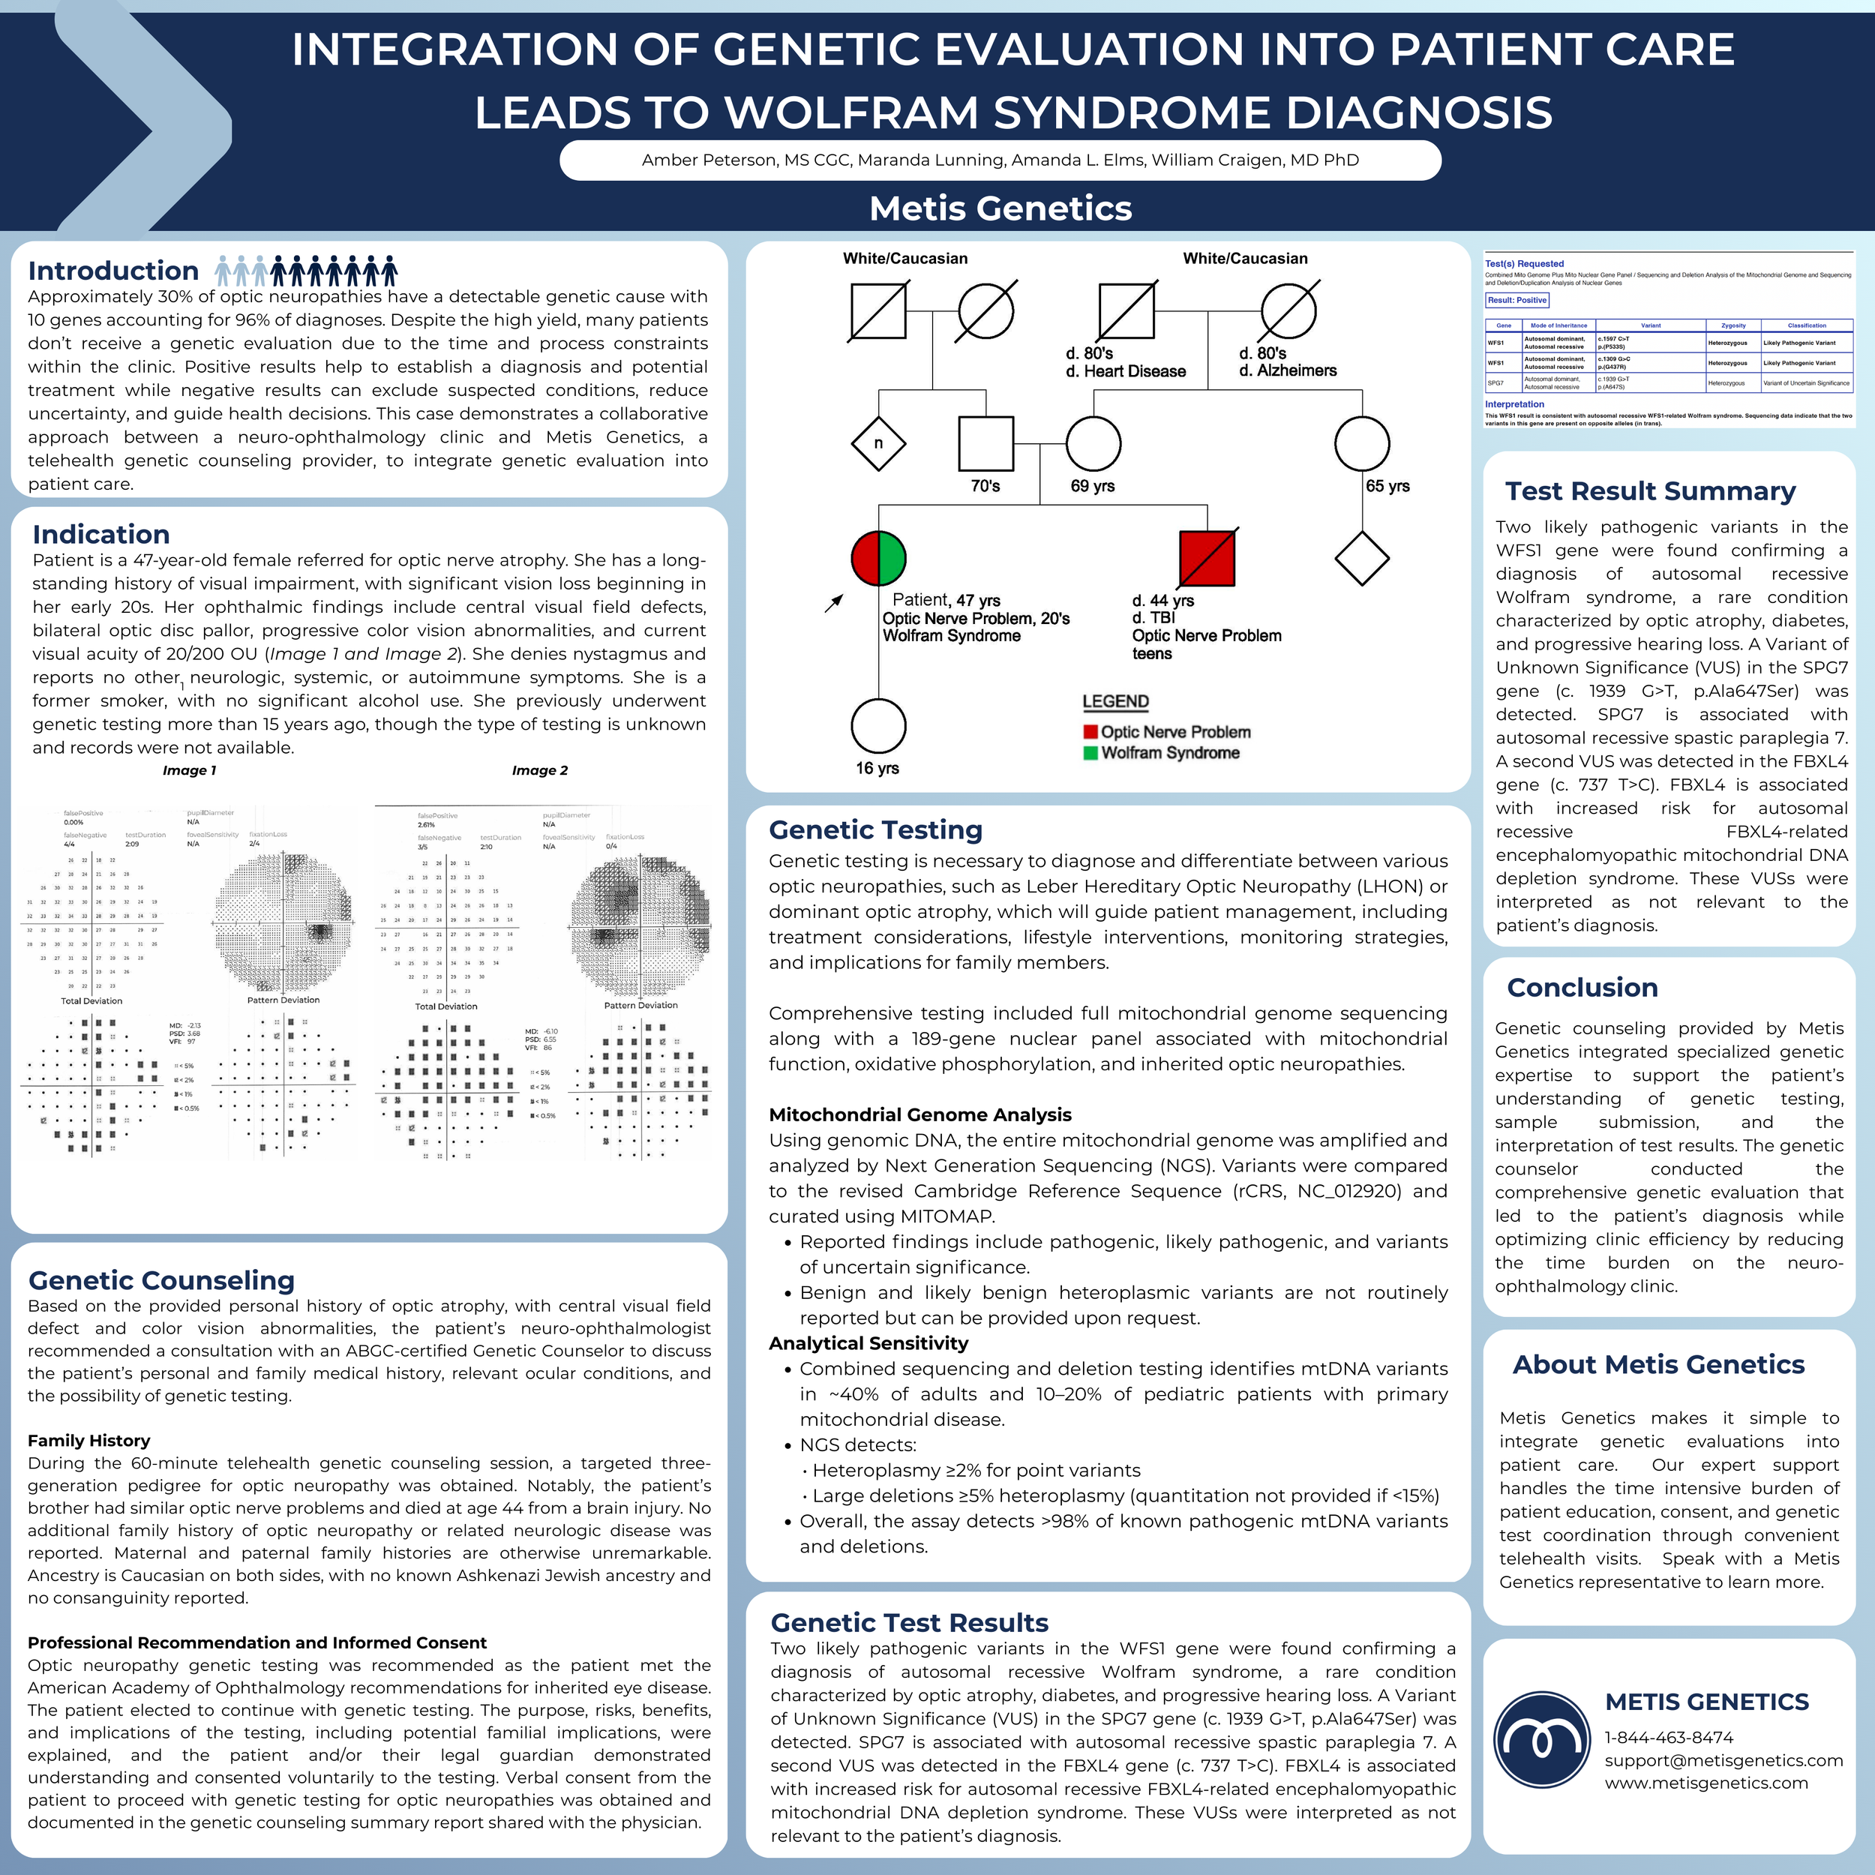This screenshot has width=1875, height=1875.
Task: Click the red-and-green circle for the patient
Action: tap(878, 558)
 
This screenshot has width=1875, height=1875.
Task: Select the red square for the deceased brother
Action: tap(1207, 558)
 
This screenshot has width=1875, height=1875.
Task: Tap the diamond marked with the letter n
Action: tap(878, 443)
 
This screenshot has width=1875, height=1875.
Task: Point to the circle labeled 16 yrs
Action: tap(878, 726)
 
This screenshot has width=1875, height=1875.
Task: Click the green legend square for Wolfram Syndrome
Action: tap(1090, 752)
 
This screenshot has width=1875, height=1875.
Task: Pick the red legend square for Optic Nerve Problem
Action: tap(1090, 732)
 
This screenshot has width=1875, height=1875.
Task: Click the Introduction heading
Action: tap(113, 271)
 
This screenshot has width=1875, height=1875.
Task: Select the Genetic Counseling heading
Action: tap(161, 1280)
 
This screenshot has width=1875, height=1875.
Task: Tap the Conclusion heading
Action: tap(1582, 987)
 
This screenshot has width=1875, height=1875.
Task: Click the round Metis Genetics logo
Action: tap(1542, 1740)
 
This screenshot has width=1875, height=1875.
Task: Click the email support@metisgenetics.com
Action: tap(1723, 1760)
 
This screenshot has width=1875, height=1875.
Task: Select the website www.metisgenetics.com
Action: tap(1706, 1783)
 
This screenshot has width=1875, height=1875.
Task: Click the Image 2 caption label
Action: tap(539, 770)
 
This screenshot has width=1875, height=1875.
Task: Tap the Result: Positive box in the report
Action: tap(1518, 300)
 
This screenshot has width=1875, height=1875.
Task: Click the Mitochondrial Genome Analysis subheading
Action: tap(920, 1114)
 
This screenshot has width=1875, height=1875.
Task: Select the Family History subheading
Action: tap(88, 1440)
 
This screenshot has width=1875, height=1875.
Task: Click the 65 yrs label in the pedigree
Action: tap(1387, 486)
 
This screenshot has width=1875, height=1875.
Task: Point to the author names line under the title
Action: tap(1000, 160)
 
